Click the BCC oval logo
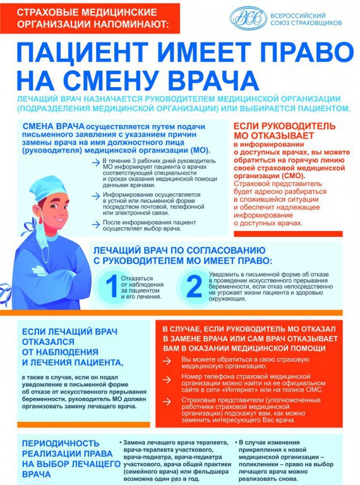point(248,18)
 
